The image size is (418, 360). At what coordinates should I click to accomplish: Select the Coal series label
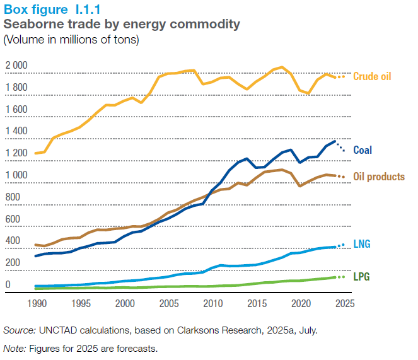pos(362,150)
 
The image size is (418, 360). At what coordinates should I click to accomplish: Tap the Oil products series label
pos(379,177)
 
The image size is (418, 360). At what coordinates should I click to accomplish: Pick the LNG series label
pos(361,243)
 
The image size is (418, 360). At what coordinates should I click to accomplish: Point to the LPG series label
pos(361,277)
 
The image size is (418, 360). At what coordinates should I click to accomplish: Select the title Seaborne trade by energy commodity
pos(122,25)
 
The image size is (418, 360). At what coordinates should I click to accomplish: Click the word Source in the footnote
pos(19,330)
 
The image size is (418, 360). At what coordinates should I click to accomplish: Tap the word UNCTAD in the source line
pos(61,330)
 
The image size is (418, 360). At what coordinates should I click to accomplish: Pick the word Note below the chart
pos(15,347)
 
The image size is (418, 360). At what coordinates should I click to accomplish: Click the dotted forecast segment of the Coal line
pos(340,147)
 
